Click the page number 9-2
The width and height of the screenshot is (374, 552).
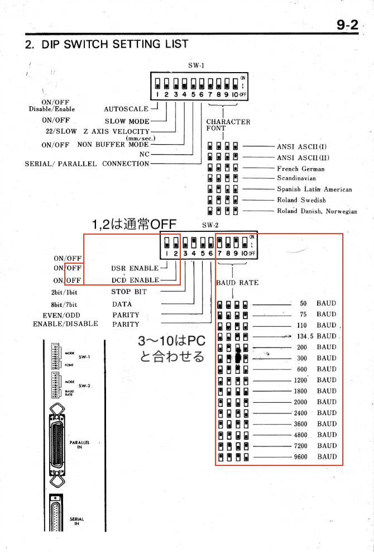tap(347, 25)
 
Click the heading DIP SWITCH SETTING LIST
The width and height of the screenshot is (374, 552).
tap(107, 44)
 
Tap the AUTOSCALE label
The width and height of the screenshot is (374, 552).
tap(126, 110)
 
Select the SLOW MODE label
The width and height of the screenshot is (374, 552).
tap(127, 121)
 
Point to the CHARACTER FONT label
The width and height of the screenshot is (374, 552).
tap(228, 125)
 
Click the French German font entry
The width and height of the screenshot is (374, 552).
tap(301, 168)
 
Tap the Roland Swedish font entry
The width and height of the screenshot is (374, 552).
tap(301, 200)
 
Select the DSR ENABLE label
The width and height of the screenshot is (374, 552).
tap(135, 269)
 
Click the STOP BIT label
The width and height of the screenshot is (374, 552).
tap(129, 291)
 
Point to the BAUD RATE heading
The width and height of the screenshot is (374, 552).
tap(237, 283)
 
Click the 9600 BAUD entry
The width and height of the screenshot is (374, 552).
tap(315, 456)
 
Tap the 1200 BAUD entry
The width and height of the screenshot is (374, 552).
tap(315, 380)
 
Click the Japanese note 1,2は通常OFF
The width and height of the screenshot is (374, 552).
tap(134, 225)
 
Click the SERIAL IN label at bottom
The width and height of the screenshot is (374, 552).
tap(77, 521)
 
